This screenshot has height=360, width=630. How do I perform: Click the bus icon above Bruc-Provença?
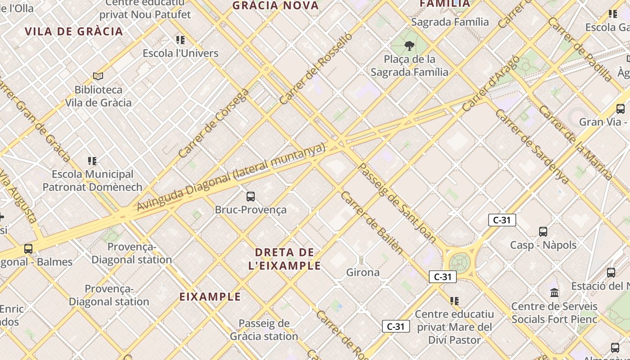(x=251, y=197)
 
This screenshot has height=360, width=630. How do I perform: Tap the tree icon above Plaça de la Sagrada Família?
(x=409, y=45)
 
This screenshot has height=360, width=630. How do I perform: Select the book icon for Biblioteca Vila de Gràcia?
(x=98, y=76)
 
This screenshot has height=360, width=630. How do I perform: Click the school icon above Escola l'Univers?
(x=180, y=40)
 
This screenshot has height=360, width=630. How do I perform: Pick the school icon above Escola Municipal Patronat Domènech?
(x=92, y=161)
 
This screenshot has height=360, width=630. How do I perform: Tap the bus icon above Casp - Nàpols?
(x=543, y=232)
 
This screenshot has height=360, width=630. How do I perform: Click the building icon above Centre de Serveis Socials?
(x=554, y=293)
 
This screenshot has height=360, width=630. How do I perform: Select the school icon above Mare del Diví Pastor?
(x=454, y=301)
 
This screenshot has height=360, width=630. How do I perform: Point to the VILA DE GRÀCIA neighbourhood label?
(x=74, y=31)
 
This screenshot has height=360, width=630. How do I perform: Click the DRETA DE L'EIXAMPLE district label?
(x=284, y=259)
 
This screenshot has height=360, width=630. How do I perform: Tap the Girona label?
(x=363, y=272)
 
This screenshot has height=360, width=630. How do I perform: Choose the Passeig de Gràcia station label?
(x=264, y=330)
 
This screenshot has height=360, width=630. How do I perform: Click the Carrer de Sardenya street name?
(x=531, y=146)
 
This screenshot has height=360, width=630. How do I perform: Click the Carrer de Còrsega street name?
(x=214, y=123)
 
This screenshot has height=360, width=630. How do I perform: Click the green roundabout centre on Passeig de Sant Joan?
(x=459, y=262)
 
